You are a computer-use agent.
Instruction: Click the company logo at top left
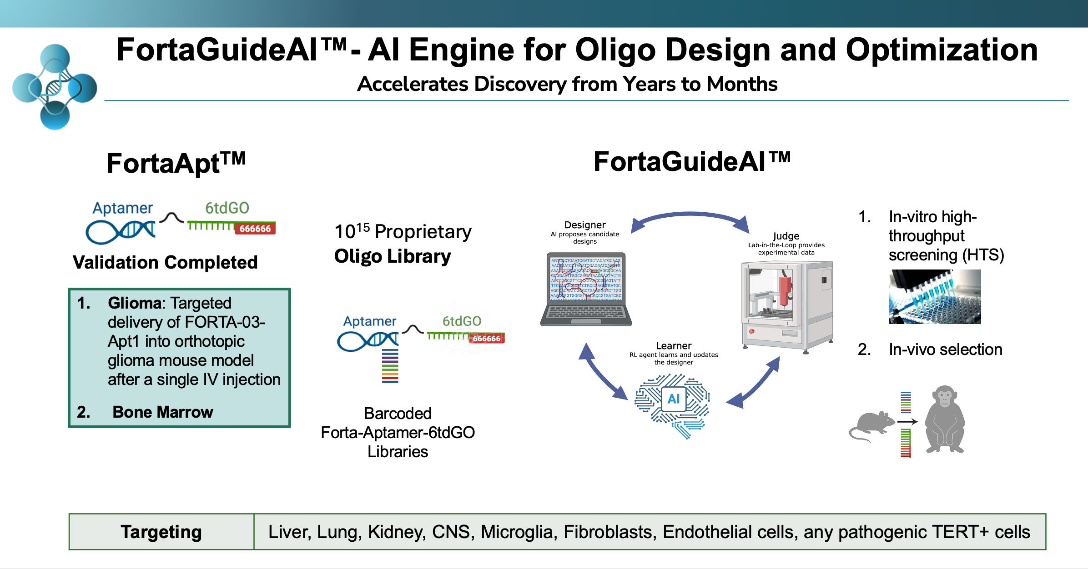pos(55,87)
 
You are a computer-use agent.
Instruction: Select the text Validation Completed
pos(165,262)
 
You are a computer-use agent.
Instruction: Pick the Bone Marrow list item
pos(162,412)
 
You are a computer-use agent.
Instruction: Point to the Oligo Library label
pos(392,256)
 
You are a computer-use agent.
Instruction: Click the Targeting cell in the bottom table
pos(161,532)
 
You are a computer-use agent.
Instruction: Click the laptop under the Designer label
pos(586,289)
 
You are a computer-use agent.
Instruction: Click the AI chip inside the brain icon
pos(674,399)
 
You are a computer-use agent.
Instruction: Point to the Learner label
pos(674,346)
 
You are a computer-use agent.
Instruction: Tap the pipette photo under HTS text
pos(934,296)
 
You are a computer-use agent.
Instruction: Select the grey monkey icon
pos(945,419)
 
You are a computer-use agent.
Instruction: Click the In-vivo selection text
pos(945,349)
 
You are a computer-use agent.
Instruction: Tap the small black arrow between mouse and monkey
pos(907,422)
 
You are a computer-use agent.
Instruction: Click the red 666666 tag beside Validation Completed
pos(255,229)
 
